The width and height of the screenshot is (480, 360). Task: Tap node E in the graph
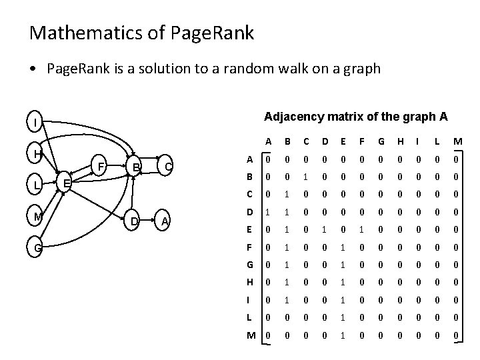(x=64, y=183)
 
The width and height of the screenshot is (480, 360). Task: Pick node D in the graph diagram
(x=134, y=221)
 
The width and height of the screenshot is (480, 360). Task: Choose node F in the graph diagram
(x=99, y=165)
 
